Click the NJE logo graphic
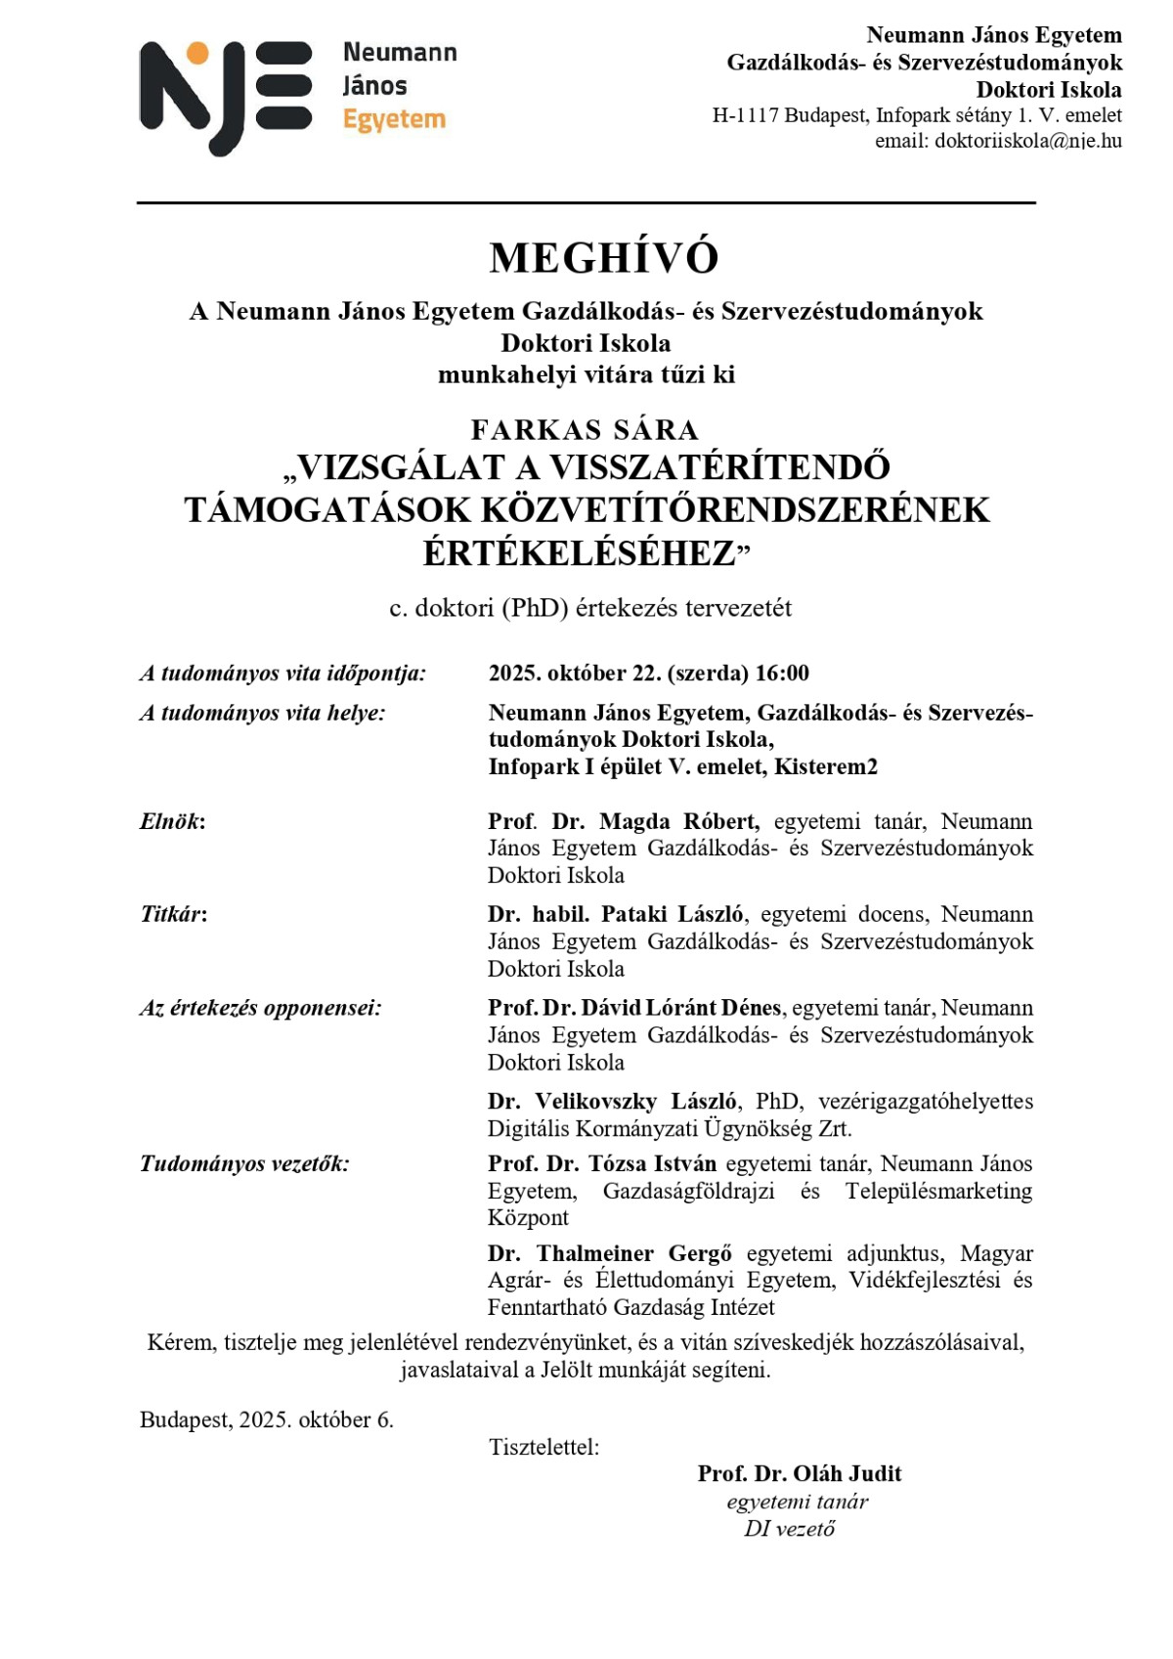(226, 97)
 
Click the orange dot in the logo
(197, 54)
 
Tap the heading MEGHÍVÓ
(604, 258)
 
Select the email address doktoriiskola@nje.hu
(1027, 141)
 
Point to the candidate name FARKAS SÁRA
(585, 430)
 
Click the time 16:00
(782, 674)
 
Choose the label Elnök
(171, 821)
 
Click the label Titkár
(172, 915)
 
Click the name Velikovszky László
(636, 1102)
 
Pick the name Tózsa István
(652, 1164)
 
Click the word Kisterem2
(826, 767)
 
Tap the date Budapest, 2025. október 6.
(266, 1420)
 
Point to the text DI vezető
(789, 1529)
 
